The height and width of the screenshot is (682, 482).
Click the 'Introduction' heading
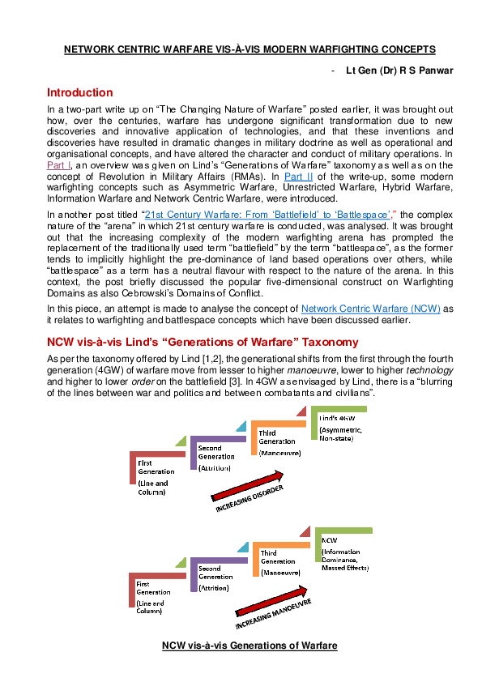80,92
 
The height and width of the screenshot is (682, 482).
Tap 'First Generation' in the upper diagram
156,467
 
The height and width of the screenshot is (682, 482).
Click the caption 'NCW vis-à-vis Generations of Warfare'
249,645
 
